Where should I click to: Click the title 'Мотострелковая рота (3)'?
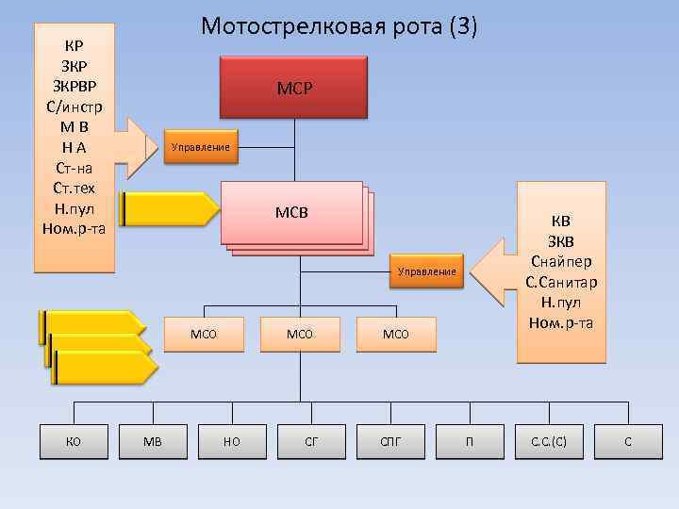click(339, 27)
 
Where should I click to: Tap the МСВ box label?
click(291, 211)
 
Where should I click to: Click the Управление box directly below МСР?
click(200, 147)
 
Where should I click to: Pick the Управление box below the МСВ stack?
click(426, 271)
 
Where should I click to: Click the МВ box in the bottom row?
click(153, 440)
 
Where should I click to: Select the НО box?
click(232, 440)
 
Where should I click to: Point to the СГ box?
click(311, 440)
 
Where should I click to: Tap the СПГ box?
click(390, 440)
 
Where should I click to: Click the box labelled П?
click(470, 440)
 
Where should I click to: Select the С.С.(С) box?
click(549, 440)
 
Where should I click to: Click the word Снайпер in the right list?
click(561, 261)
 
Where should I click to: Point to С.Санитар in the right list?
click(561, 282)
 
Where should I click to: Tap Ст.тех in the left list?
click(74, 188)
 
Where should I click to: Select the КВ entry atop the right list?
click(561, 222)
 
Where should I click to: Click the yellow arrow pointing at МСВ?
click(170, 209)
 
